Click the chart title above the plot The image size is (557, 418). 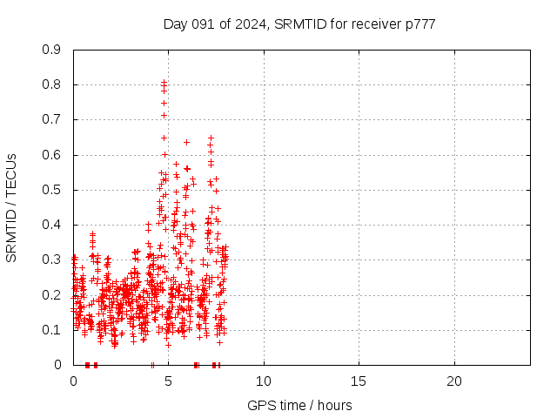[x=299, y=24]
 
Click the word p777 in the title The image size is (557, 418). [x=419, y=24]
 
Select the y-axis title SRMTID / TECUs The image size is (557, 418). [x=11, y=207]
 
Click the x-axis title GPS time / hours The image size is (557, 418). [x=299, y=405]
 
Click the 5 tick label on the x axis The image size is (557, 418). [x=168, y=381]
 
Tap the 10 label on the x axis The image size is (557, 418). [x=263, y=381]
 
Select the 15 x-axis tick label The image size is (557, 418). [x=359, y=381]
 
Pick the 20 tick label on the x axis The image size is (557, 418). [x=453, y=381]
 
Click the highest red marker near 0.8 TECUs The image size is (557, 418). [x=164, y=82]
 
